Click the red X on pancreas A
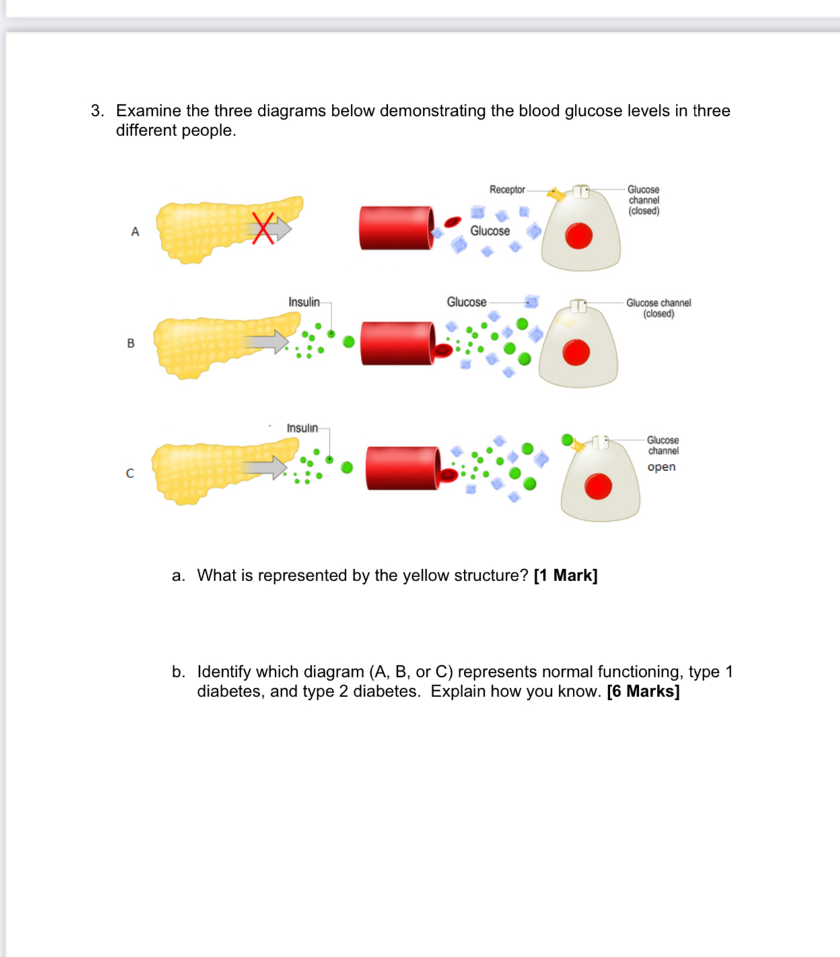pyautogui.click(x=263, y=228)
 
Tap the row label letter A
pyautogui.click(x=135, y=232)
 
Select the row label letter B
pyautogui.click(x=131, y=343)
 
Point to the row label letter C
pyautogui.click(x=130, y=473)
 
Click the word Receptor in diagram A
pyautogui.click(x=507, y=190)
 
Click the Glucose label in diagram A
pyautogui.click(x=490, y=231)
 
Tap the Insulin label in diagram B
pyautogui.click(x=304, y=302)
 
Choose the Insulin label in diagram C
pyautogui.click(x=302, y=428)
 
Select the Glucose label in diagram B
pyautogui.click(x=466, y=302)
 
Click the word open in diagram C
pyautogui.click(x=661, y=467)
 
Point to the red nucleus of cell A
pyautogui.click(x=579, y=236)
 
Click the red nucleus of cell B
pyautogui.click(x=576, y=353)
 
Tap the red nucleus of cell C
pyautogui.click(x=598, y=486)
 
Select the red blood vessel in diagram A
pyautogui.click(x=396, y=228)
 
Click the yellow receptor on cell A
pyautogui.click(x=556, y=195)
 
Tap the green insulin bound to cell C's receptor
pyautogui.click(x=567, y=440)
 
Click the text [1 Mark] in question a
pyautogui.click(x=565, y=576)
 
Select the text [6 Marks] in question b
pyautogui.click(x=643, y=692)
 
